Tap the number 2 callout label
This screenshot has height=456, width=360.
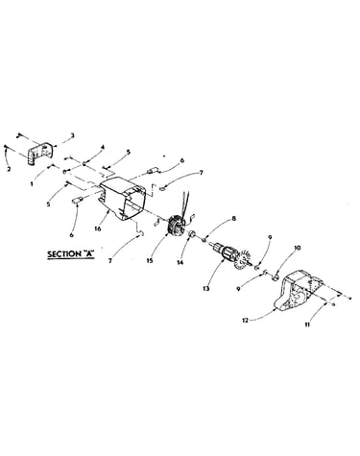click(x=9, y=169)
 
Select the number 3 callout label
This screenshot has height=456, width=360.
click(x=73, y=135)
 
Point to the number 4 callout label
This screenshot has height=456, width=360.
click(x=103, y=147)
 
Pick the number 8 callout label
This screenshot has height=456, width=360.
click(x=234, y=219)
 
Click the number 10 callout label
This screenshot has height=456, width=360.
click(x=298, y=248)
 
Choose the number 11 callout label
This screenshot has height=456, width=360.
click(x=307, y=324)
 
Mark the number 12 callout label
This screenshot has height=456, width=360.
click(x=245, y=321)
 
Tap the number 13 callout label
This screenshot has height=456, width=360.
click(x=206, y=288)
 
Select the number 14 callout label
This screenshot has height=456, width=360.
click(x=180, y=262)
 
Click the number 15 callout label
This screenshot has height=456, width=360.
click(x=150, y=260)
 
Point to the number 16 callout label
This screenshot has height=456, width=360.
click(x=98, y=228)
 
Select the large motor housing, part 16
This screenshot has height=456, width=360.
click(x=122, y=200)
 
